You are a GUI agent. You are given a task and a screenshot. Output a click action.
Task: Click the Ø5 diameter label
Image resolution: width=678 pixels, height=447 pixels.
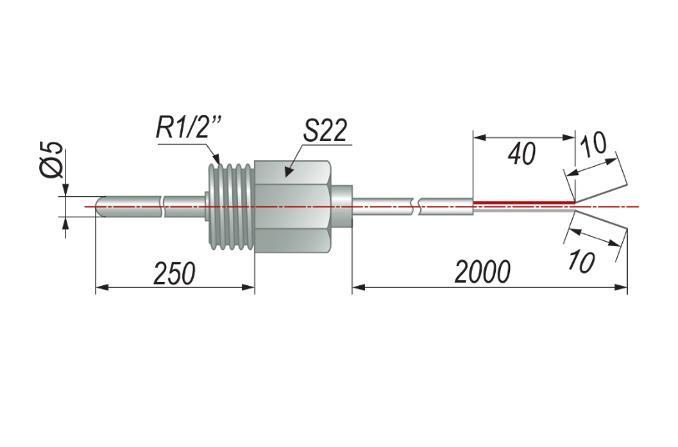pos(53,159)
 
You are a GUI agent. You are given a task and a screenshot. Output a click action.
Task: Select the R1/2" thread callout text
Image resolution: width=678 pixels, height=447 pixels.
pos(189,128)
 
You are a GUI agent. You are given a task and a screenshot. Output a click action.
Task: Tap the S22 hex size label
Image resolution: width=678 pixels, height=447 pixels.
pos(325,130)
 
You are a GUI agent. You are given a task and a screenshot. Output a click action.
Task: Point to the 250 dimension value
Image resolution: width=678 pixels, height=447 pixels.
pos(175,273)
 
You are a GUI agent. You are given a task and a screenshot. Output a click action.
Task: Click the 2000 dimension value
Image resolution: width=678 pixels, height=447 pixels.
pos(482,272)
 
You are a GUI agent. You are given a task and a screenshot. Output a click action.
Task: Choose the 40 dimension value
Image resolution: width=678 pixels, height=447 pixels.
pos(522,154)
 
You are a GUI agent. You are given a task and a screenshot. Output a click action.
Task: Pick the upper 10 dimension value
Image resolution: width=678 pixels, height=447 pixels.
pos(593,144)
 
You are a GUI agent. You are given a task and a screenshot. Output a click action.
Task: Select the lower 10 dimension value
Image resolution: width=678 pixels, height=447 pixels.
pos(581,261)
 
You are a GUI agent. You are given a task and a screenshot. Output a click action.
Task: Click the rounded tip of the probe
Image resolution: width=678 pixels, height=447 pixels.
pos(99,207)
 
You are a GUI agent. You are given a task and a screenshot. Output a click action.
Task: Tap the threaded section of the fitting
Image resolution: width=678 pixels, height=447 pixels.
pos(230,207)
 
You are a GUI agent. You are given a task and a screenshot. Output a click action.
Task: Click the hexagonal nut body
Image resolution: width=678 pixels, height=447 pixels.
pos(293,207)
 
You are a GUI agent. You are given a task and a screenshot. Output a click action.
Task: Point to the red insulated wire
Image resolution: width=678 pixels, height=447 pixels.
pos(524,202)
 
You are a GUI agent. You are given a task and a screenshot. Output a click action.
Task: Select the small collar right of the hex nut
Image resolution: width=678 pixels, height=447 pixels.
pos(342,207)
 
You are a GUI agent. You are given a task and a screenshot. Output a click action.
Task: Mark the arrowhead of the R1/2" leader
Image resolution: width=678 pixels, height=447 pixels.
pos(216,159)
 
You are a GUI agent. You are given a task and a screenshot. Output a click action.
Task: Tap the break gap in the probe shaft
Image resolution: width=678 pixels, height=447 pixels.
pos(163,207)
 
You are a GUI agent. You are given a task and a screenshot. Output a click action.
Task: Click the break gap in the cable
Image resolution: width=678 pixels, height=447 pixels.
pos(416,207)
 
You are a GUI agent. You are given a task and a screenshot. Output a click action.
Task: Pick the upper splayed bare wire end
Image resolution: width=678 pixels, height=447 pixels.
pos(600,194)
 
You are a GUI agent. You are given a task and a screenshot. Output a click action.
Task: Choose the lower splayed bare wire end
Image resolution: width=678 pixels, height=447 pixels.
pos(600,220)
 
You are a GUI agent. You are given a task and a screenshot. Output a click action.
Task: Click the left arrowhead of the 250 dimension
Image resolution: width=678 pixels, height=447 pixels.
pos(102,287)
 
